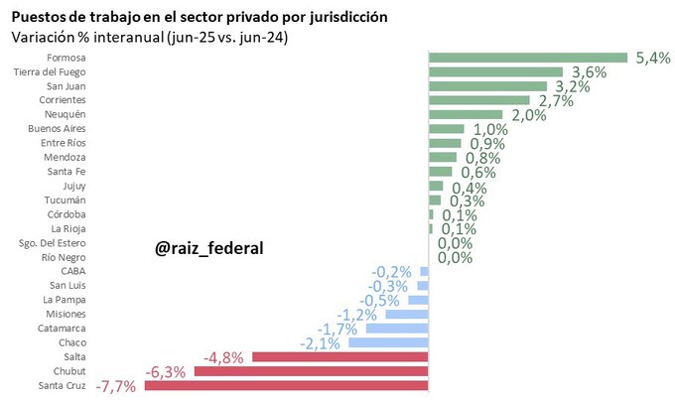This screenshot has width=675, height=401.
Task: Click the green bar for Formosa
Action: [x=528, y=58]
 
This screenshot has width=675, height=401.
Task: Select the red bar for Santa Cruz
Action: [x=287, y=385]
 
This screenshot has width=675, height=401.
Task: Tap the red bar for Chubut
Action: [x=311, y=371]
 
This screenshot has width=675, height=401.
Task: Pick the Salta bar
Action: [x=340, y=357]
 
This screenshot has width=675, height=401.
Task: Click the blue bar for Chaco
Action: [x=388, y=342]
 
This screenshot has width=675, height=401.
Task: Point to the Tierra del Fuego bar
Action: [x=495, y=71]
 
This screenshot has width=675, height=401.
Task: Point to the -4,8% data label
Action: [x=223, y=357]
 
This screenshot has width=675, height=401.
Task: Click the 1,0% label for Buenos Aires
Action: [x=489, y=129]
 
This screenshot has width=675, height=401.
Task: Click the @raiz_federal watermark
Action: [x=209, y=247]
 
